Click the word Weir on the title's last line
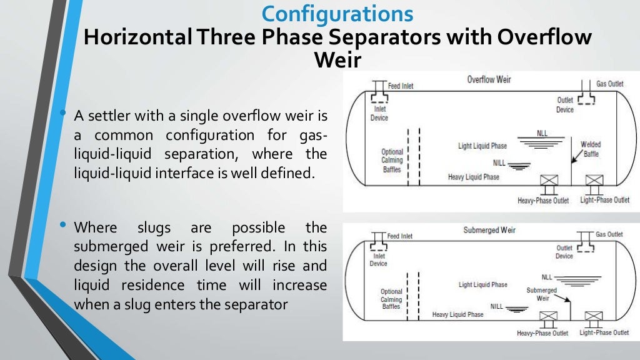click(337, 60)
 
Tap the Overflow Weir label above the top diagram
click(489, 79)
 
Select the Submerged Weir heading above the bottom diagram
click(489, 230)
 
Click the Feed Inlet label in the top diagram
click(401, 86)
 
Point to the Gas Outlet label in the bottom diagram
click(609, 234)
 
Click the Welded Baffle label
click(591, 148)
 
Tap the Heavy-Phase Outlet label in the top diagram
click(542, 201)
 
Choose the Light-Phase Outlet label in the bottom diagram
click(604, 332)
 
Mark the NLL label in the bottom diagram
click(547, 277)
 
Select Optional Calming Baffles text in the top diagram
click(392, 160)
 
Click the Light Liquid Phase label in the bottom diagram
click(483, 285)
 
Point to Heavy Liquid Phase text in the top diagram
click(474, 177)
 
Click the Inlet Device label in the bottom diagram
click(378, 259)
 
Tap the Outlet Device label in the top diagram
click(565, 105)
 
